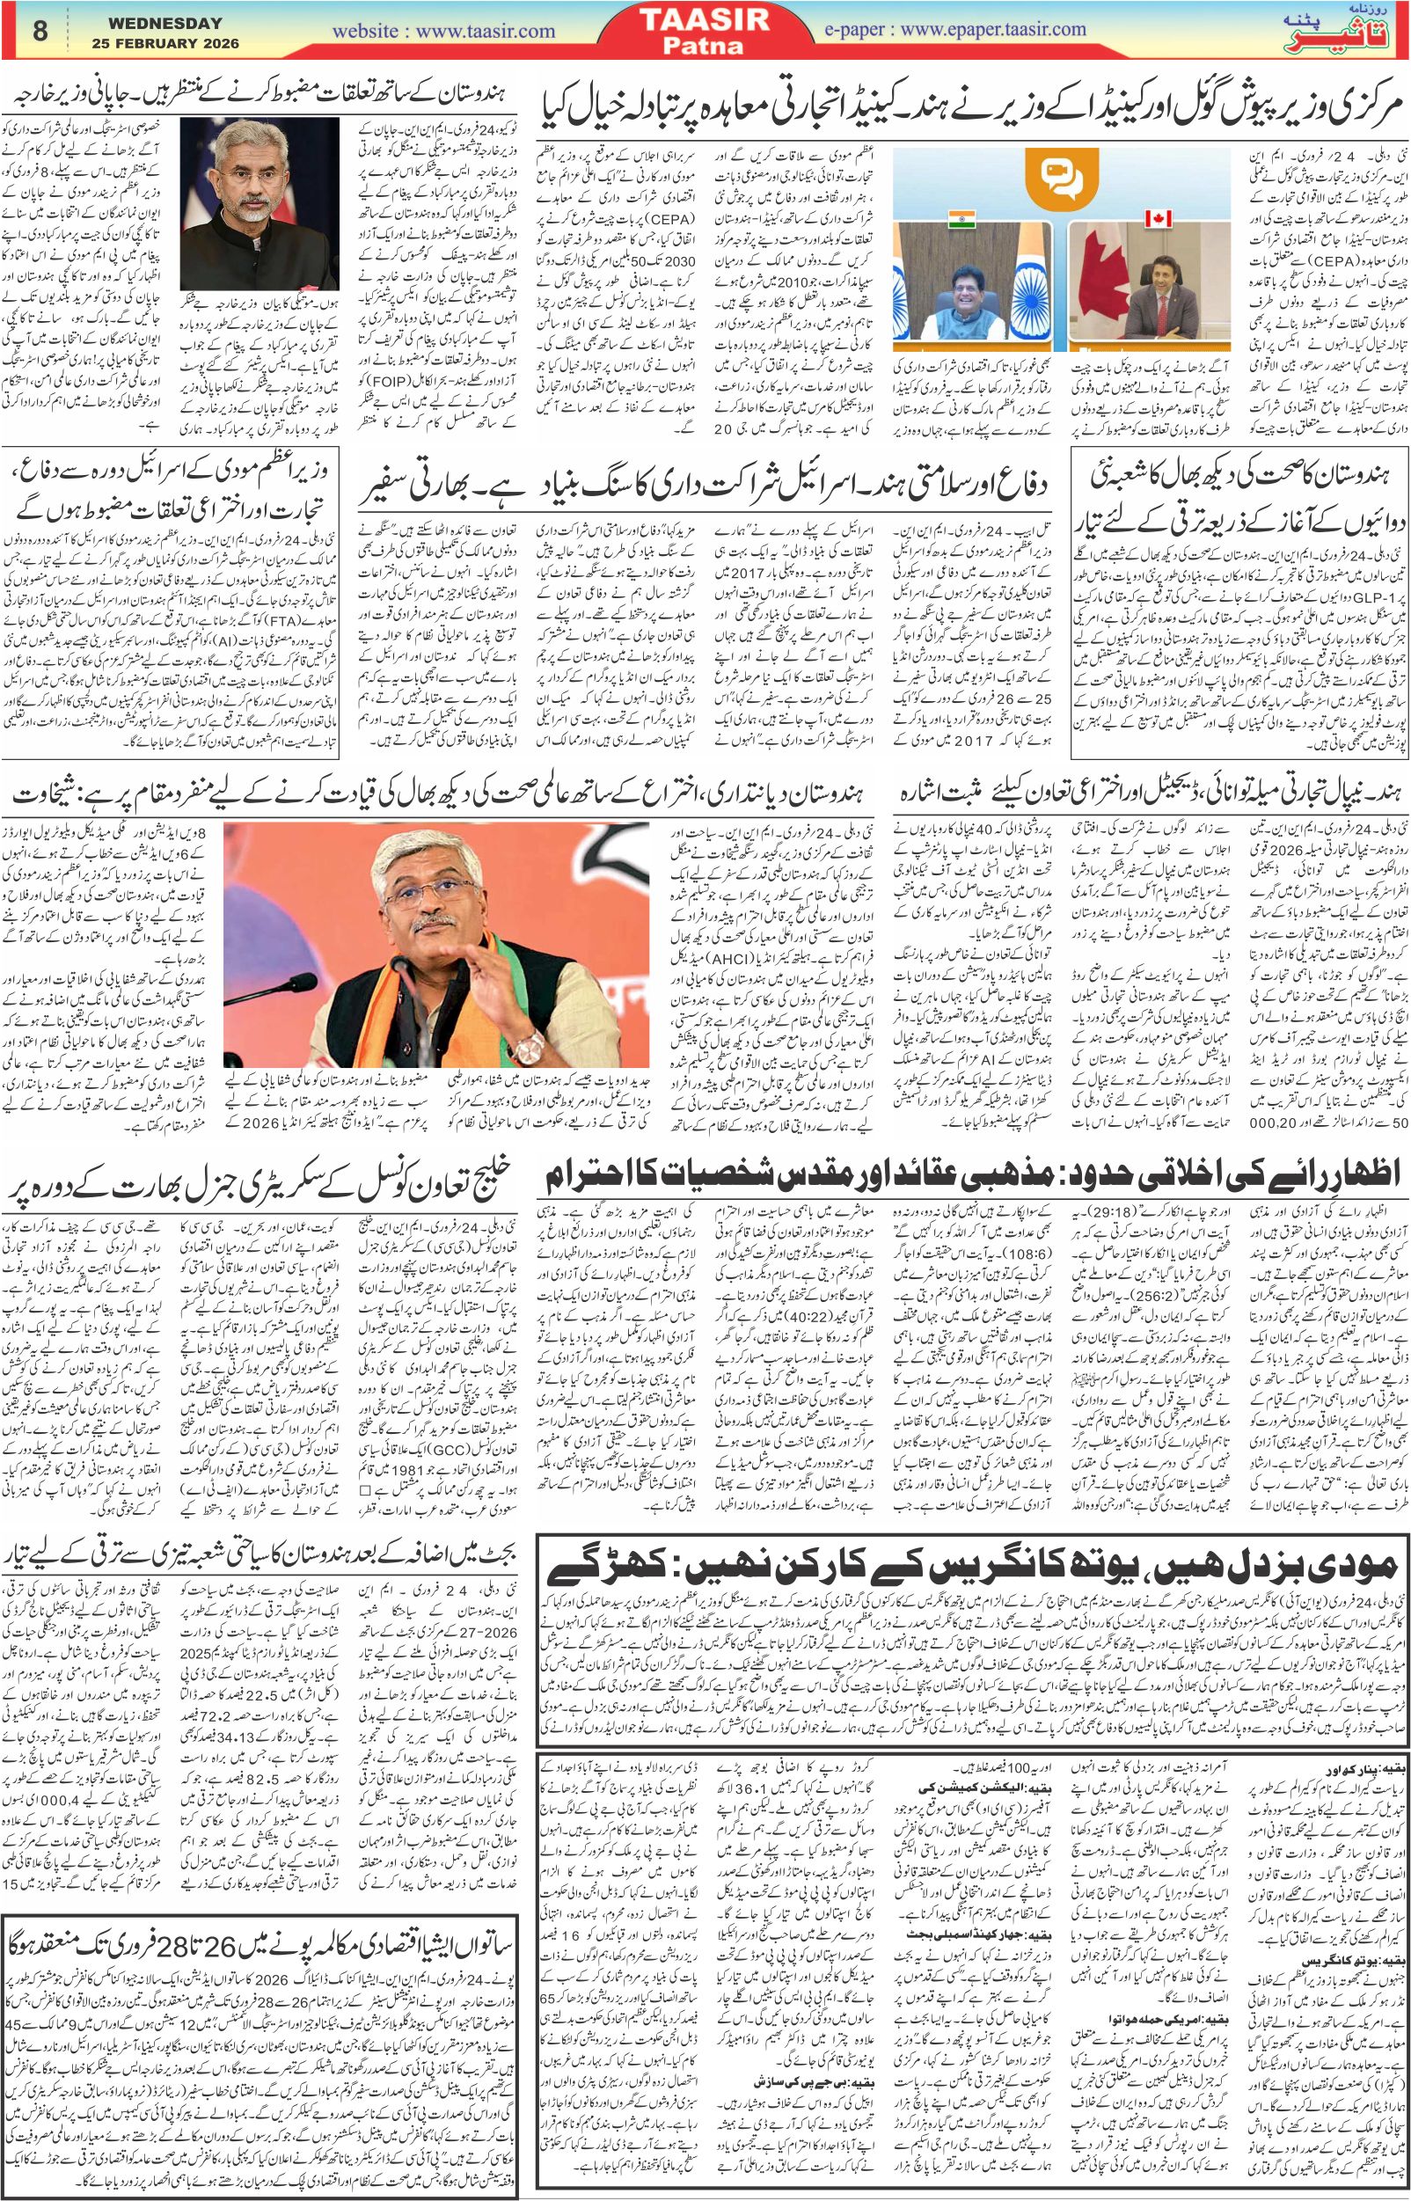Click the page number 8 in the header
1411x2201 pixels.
click(x=39, y=30)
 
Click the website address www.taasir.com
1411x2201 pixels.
click(x=443, y=30)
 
